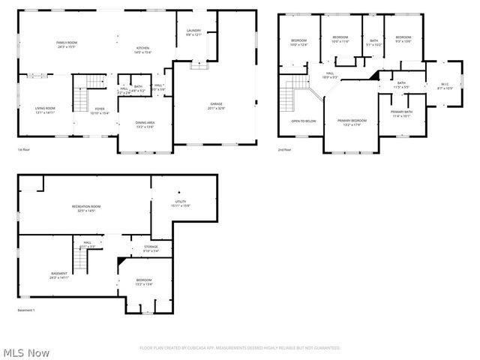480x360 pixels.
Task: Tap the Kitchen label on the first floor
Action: (x=143, y=49)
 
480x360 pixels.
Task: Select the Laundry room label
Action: (x=193, y=32)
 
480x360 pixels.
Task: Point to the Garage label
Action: (x=216, y=106)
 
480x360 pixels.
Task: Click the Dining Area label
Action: (x=145, y=124)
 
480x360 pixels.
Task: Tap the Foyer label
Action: (x=100, y=110)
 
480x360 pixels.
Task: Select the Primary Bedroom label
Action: (x=352, y=122)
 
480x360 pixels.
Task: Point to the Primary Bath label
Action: (x=401, y=114)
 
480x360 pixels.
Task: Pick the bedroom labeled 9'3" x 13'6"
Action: (x=403, y=39)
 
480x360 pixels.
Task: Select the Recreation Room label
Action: (x=86, y=208)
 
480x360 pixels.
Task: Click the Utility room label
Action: (x=181, y=203)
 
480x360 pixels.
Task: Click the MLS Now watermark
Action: (x=26, y=352)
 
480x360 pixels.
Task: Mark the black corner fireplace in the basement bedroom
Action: (x=121, y=261)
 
